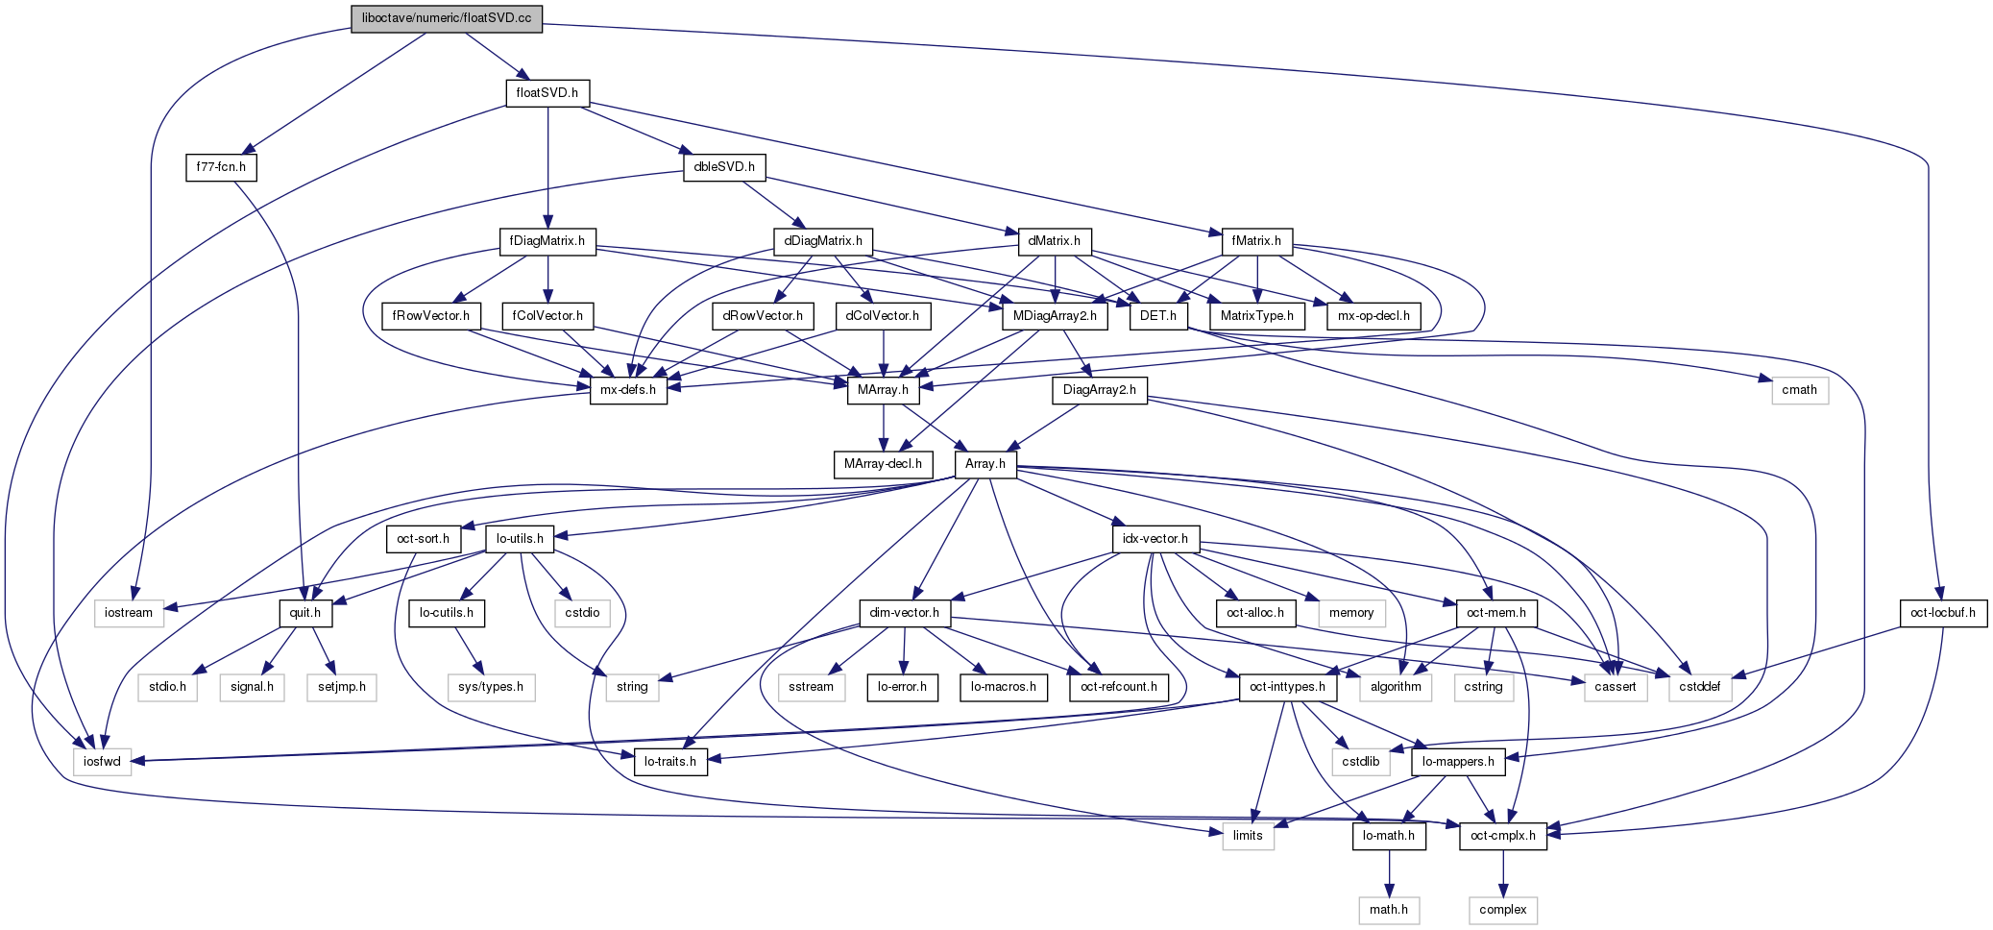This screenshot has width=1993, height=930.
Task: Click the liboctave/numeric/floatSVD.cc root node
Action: click(447, 18)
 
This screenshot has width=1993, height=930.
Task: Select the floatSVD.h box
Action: click(547, 93)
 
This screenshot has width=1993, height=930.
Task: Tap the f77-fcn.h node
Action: click(221, 167)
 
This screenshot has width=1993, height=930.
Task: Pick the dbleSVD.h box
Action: click(724, 167)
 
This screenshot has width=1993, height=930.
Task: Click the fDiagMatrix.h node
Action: click(547, 241)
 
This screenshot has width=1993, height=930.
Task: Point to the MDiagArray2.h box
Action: click(1055, 316)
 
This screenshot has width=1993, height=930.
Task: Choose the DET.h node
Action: click(1158, 316)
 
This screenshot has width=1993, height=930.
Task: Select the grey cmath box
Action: click(1799, 390)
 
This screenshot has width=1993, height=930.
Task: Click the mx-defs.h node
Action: click(628, 390)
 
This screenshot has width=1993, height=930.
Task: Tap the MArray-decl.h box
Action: click(883, 464)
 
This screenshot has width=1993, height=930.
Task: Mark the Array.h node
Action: click(985, 464)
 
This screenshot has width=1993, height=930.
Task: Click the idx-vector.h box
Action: click(1155, 539)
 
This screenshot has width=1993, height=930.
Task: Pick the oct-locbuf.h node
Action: click(1943, 613)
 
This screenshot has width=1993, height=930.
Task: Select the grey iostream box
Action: click(129, 613)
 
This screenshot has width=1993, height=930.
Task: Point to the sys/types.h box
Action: click(491, 687)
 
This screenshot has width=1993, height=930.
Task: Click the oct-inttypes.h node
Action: click(1288, 687)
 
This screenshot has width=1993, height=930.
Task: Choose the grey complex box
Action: click(1503, 910)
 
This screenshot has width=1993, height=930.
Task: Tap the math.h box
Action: click(1389, 910)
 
